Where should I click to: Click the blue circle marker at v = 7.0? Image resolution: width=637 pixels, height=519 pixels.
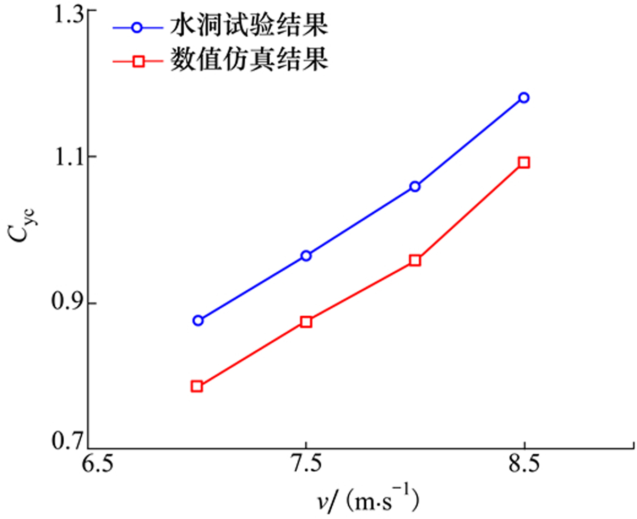click(198, 321)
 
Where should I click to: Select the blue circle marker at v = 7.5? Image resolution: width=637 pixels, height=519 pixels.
click(306, 256)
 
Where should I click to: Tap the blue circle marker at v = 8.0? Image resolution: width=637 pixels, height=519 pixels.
click(415, 186)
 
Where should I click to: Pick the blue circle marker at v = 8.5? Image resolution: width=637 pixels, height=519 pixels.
click(524, 98)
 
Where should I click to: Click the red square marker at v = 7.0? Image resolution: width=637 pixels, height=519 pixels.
click(197, 386)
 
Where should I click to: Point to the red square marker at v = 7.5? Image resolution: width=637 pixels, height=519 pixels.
click(306, 322)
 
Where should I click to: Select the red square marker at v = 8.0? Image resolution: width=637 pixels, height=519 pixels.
click(415, 261)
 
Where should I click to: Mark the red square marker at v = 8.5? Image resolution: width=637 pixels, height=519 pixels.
click(524, 162)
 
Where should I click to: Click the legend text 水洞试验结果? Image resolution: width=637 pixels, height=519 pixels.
click(248, 27)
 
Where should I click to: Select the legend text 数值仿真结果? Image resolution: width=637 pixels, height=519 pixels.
click(248, 61)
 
